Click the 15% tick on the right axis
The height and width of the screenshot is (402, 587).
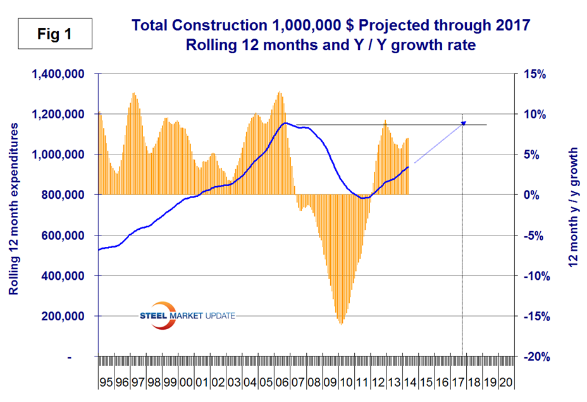pyautogui.click(x=533, y=74)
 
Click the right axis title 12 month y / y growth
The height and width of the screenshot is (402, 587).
pyautogui.click(x=574, y=208)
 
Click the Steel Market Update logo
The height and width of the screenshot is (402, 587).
pyautogui.click(x=186, y=315)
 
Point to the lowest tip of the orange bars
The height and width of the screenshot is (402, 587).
pyautogui.click(x=342, y=324)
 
